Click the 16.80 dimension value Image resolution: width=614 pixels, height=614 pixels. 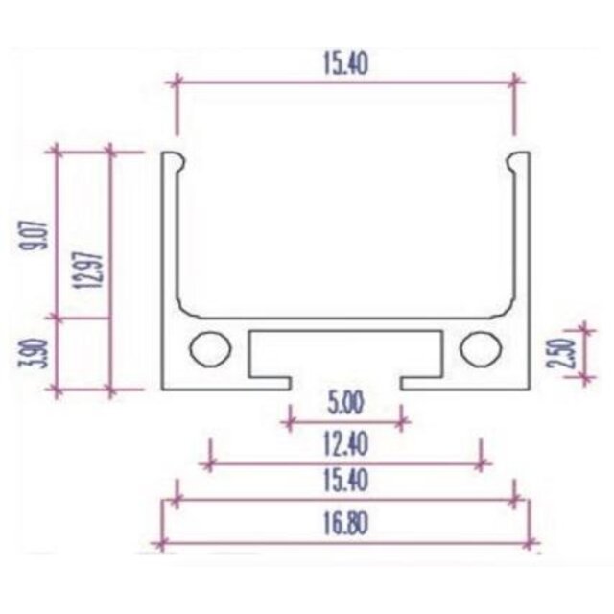coord(344,524)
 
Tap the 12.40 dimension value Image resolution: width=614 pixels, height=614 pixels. coord(344,443)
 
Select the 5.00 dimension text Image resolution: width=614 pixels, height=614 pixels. coord(344,402)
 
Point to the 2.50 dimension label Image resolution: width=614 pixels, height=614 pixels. coord(567,351)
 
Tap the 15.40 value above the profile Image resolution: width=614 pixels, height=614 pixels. coord(344,64)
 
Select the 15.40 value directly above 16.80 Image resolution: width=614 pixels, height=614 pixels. coord(344,481)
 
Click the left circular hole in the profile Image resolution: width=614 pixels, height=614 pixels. coord(207,350)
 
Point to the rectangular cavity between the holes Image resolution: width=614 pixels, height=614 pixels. coord(345,351)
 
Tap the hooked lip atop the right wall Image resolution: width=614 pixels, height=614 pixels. coord(518,159)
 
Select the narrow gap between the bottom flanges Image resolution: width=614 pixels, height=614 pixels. coord(345,384)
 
